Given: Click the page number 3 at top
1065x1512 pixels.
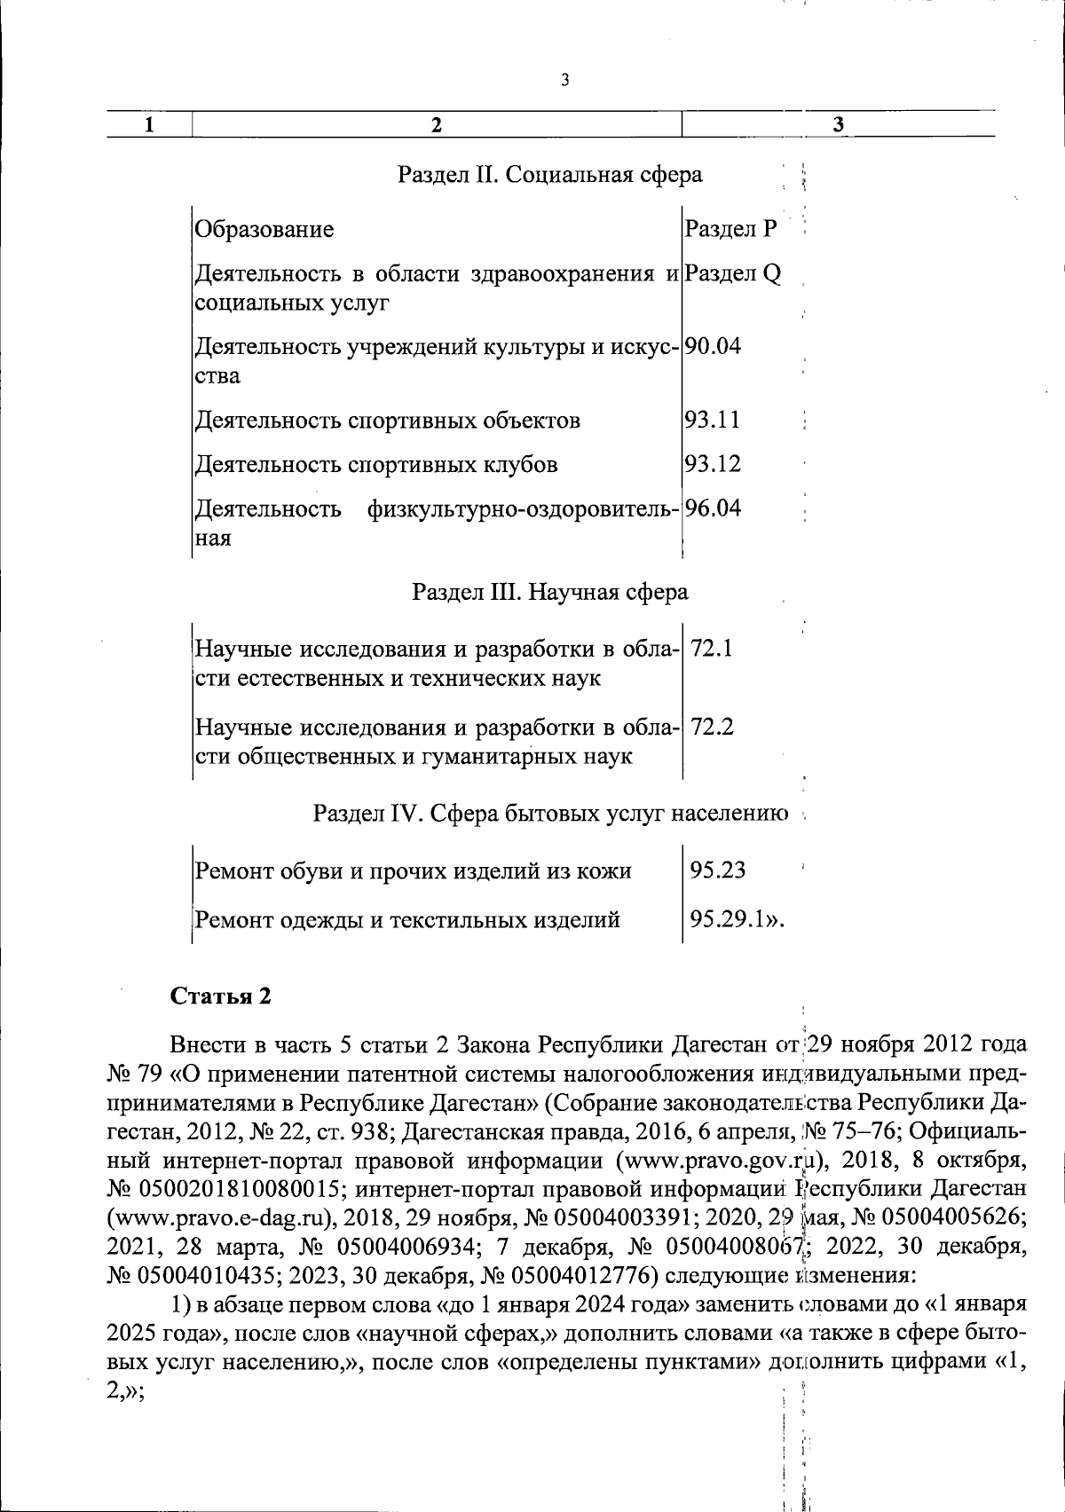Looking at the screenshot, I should pos(564,81).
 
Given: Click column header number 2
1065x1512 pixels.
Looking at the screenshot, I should pos(436,125).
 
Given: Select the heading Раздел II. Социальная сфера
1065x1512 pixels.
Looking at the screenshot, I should pos(549,174).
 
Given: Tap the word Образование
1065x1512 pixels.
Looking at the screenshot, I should pos(264,229).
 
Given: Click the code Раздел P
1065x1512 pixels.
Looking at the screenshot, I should pos(730,229).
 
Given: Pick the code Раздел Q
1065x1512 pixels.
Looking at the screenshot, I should pos(733,273).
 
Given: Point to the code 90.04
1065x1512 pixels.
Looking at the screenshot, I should pos(712,346).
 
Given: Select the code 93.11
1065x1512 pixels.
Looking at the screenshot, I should pos(712,419).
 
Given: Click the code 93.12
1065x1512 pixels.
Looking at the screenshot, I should pos(712,464).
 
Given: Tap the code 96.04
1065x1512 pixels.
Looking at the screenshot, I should pos(712,508).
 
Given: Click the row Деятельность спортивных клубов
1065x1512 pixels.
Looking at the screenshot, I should pos(376,464).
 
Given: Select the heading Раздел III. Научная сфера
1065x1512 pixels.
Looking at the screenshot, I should pos(549,591).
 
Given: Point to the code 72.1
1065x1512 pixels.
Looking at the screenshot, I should pos(712,649).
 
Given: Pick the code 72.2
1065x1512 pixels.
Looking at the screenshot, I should pos(712,728).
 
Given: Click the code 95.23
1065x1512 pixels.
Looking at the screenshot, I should pos(718,870).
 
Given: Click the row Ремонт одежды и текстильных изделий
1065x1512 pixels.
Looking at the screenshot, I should pos(407,919).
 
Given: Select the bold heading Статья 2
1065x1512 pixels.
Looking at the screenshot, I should pos(220,996).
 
